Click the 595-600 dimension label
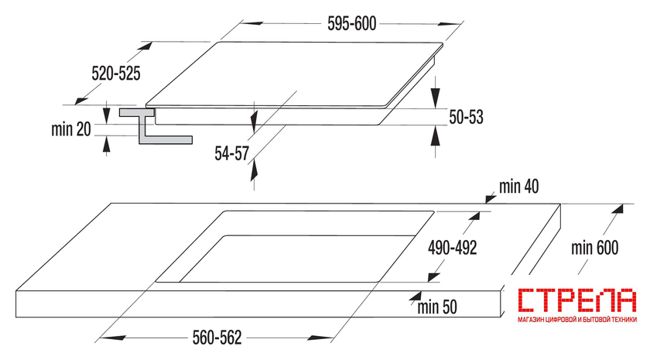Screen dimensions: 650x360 351,24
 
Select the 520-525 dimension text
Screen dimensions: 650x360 116,74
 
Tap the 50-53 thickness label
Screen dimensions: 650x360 467,117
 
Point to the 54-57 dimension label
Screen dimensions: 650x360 231,153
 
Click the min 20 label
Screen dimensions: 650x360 71,129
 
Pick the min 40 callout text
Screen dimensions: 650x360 519,187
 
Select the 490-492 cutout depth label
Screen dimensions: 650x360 452,248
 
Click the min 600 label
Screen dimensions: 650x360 595,248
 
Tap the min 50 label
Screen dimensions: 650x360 437,307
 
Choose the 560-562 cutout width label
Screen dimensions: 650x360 217,338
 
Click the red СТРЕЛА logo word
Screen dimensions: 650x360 577,300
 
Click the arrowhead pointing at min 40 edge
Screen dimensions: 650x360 491,199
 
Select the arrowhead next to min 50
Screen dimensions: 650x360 414,296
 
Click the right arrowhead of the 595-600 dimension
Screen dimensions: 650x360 450,24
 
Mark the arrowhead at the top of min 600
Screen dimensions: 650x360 617,208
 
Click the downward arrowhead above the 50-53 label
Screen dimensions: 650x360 435,98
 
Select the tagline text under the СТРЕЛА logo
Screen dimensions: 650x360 577,320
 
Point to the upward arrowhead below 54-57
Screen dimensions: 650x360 254,170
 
